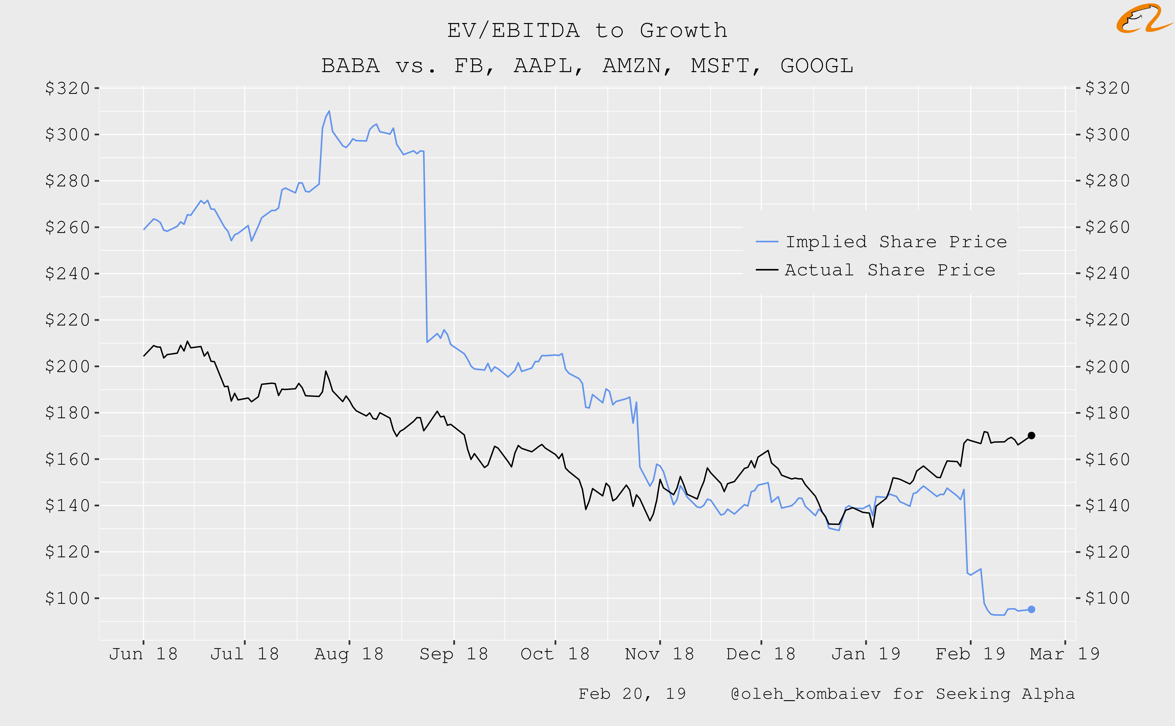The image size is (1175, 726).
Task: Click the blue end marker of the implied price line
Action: [x=1031, y=609]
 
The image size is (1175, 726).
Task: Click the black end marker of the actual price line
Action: [x=1031, y=436]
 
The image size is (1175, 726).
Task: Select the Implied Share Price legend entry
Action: [x=896, y=242]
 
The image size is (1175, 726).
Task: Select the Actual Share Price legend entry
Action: [x=890, y=270]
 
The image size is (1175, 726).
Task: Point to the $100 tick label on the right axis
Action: [x=1107, y=598]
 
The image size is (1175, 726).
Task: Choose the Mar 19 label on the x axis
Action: [x=1065, y=654]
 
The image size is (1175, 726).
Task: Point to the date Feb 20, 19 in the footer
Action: [x=632, y=694]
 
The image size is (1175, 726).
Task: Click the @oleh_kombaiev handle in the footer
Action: [x=805, y=694]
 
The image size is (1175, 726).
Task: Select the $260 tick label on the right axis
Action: [x=1107, y=227]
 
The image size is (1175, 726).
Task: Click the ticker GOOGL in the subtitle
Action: [x=817, y=66]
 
